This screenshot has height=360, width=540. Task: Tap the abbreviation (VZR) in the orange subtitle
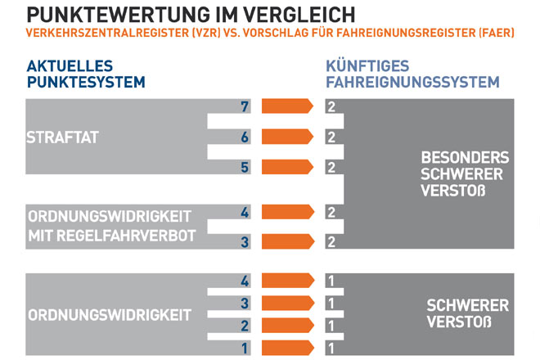[198, 36]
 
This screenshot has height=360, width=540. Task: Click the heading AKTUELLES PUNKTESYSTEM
[86, 74]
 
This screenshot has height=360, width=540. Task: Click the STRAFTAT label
[63, 137]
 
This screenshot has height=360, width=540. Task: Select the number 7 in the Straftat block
[244, 107]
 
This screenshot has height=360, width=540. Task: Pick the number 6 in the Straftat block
[244, 137]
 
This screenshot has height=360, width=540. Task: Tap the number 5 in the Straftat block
[244, 168]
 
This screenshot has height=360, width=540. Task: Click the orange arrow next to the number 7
[287, 106]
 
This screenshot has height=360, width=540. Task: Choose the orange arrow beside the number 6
[287, 137]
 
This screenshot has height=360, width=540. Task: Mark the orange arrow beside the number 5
[287, 167]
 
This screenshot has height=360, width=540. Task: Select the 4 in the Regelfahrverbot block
[244, 212]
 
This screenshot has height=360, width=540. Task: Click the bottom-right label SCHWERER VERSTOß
[467, 314]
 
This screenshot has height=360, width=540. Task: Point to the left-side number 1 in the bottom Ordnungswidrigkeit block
[244, 347]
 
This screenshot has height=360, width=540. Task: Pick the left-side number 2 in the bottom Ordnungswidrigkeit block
[244, 325]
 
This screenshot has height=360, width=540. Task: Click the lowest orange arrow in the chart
[287, 347]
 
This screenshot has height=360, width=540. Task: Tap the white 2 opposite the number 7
[331, 107]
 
